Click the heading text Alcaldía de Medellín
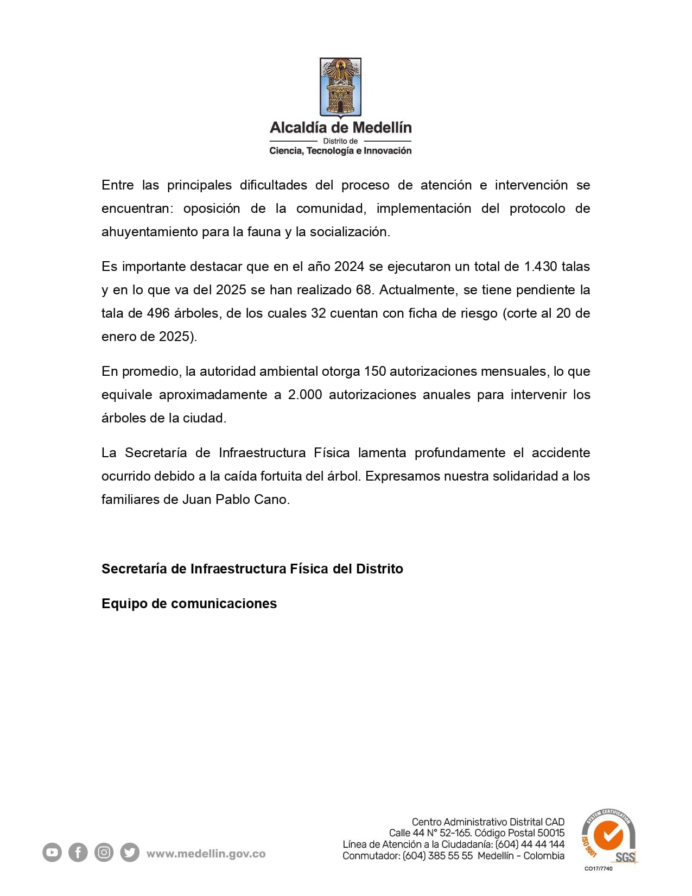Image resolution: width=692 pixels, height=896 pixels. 341,128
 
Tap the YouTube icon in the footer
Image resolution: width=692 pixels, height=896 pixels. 52,853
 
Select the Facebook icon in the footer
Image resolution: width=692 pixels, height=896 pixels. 78,853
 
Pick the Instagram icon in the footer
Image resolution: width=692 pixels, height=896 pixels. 104,853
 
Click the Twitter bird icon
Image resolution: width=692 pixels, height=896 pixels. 130,853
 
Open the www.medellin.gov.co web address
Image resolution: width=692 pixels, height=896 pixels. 206,854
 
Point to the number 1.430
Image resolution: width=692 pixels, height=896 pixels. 541,267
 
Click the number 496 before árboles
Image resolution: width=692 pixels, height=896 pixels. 158,313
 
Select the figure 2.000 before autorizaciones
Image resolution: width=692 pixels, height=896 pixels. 305,395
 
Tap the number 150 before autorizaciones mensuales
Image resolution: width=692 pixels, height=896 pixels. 375,371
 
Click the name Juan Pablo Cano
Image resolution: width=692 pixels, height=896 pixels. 235,500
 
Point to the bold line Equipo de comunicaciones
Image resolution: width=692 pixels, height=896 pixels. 189,604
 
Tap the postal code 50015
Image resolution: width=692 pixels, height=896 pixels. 551,833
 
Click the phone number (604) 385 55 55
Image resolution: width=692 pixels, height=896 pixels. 437,856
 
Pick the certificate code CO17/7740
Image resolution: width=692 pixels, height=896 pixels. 598,868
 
